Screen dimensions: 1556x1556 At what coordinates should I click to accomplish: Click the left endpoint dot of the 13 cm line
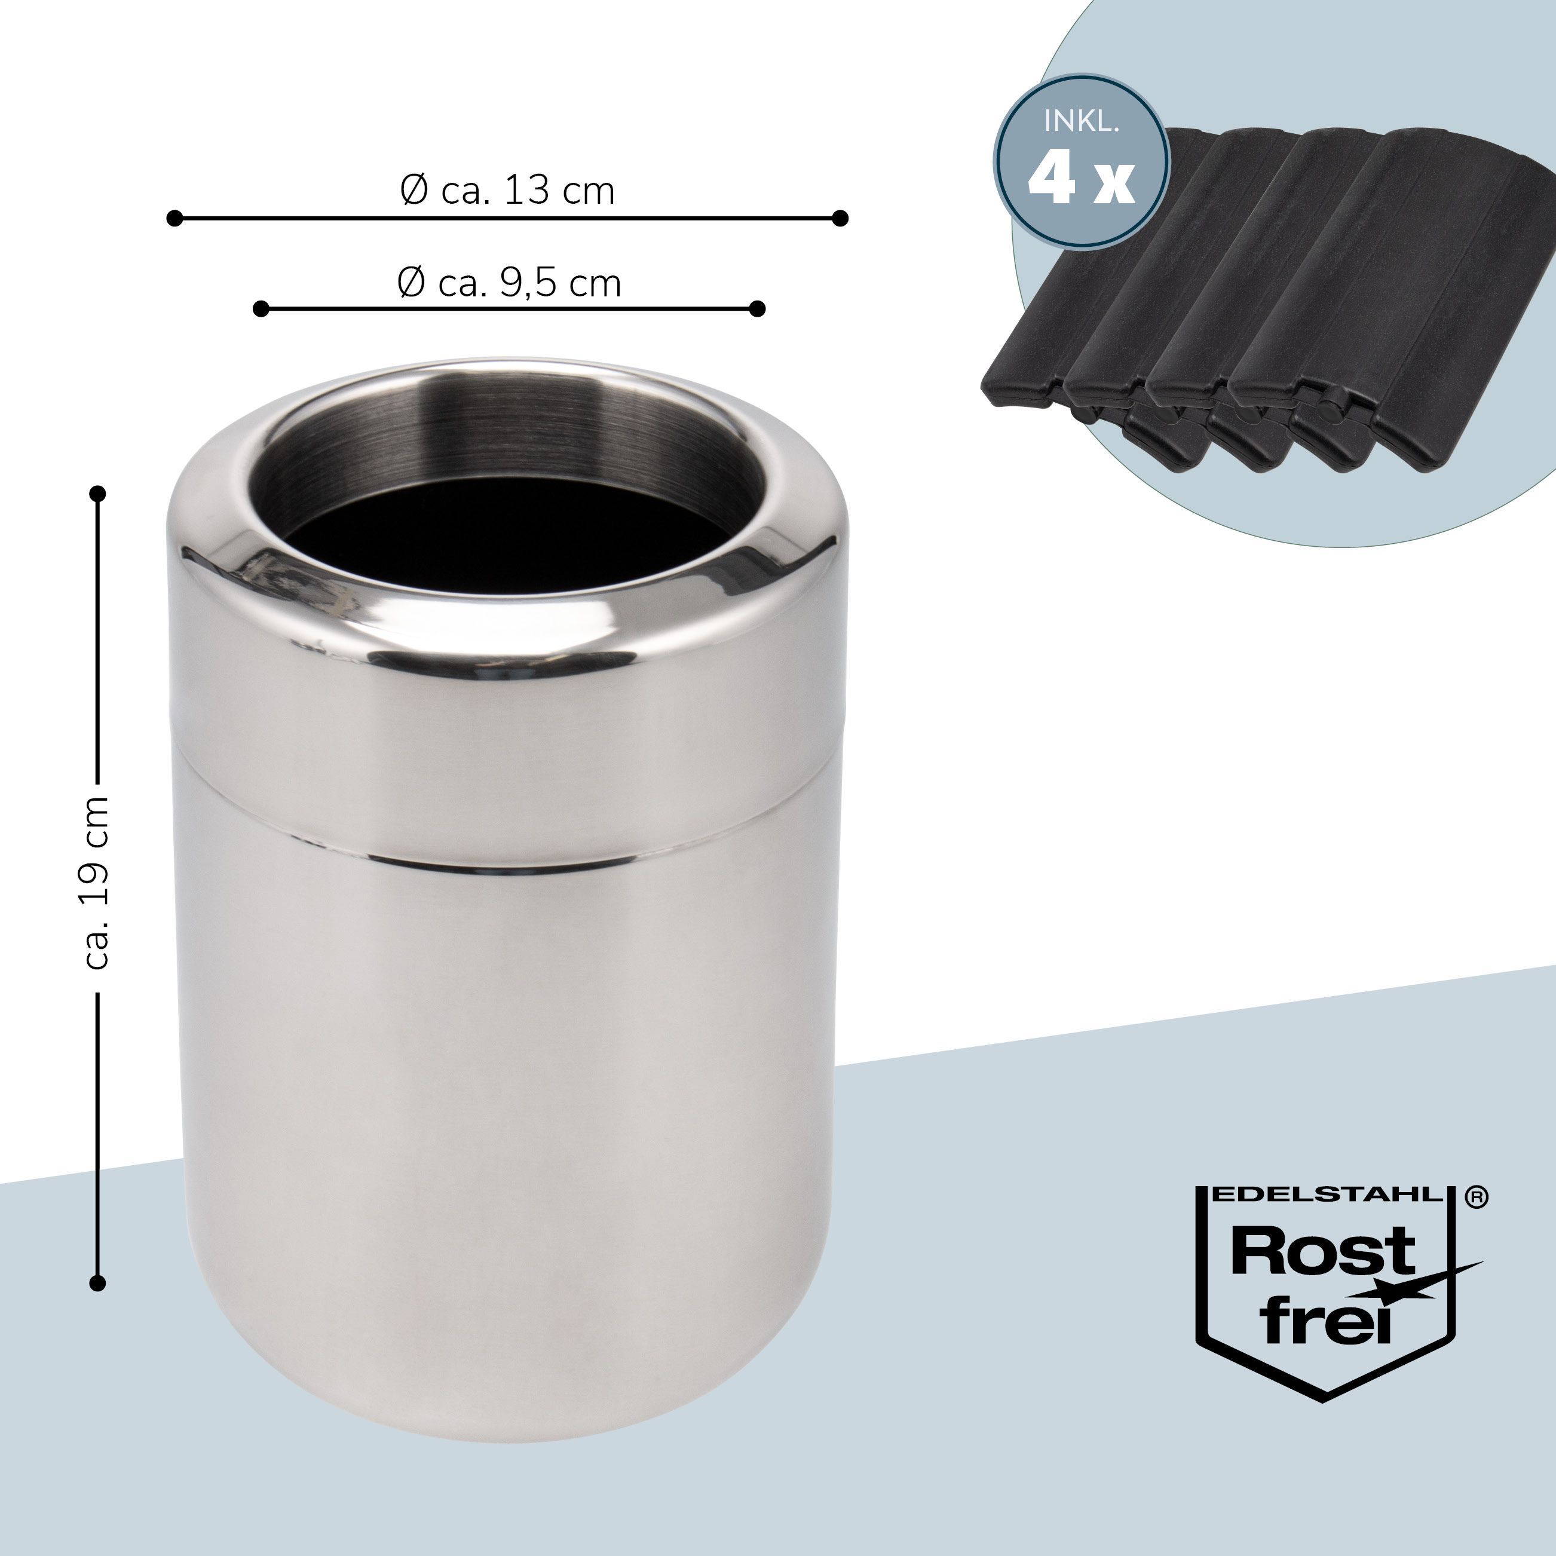pos(174,218)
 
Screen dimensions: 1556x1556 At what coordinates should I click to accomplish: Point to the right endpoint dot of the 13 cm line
pos(840,218)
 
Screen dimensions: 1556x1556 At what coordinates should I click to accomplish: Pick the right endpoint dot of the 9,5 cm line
pos(756,308)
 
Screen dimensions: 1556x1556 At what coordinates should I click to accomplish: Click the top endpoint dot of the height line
pos(97,493)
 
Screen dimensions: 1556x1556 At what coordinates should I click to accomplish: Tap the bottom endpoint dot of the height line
pos(97,1283)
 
